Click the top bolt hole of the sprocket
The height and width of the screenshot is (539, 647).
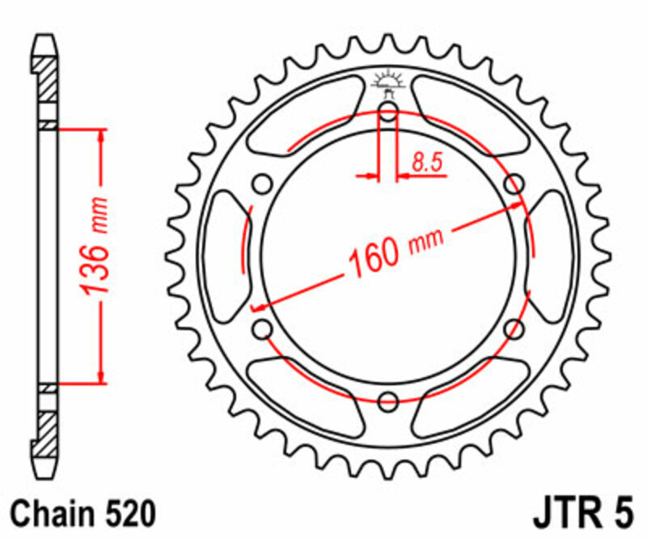click(x=388, y=112)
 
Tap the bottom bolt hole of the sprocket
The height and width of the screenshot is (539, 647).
click(x=388, y=399)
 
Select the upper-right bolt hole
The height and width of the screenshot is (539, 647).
click(x=513, y=185)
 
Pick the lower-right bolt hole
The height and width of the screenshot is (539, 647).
click(x=513, y=328)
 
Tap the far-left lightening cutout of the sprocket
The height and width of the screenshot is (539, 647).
click(x=227, y=256)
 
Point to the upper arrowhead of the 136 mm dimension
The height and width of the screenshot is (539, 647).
click(x=101, y=138)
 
